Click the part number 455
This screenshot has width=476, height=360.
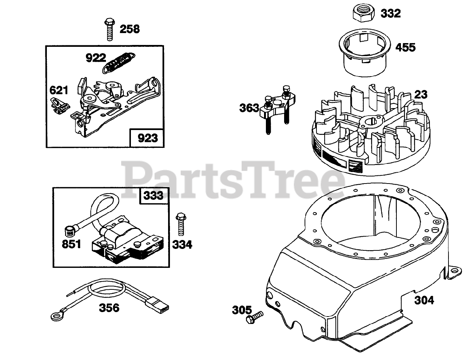pyautogui.click(x=405, y=48)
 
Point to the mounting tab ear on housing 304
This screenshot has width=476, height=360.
pyautogui.click(x=454, y=272)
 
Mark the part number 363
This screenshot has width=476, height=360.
pyautogui.click(x=249, y=108)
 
